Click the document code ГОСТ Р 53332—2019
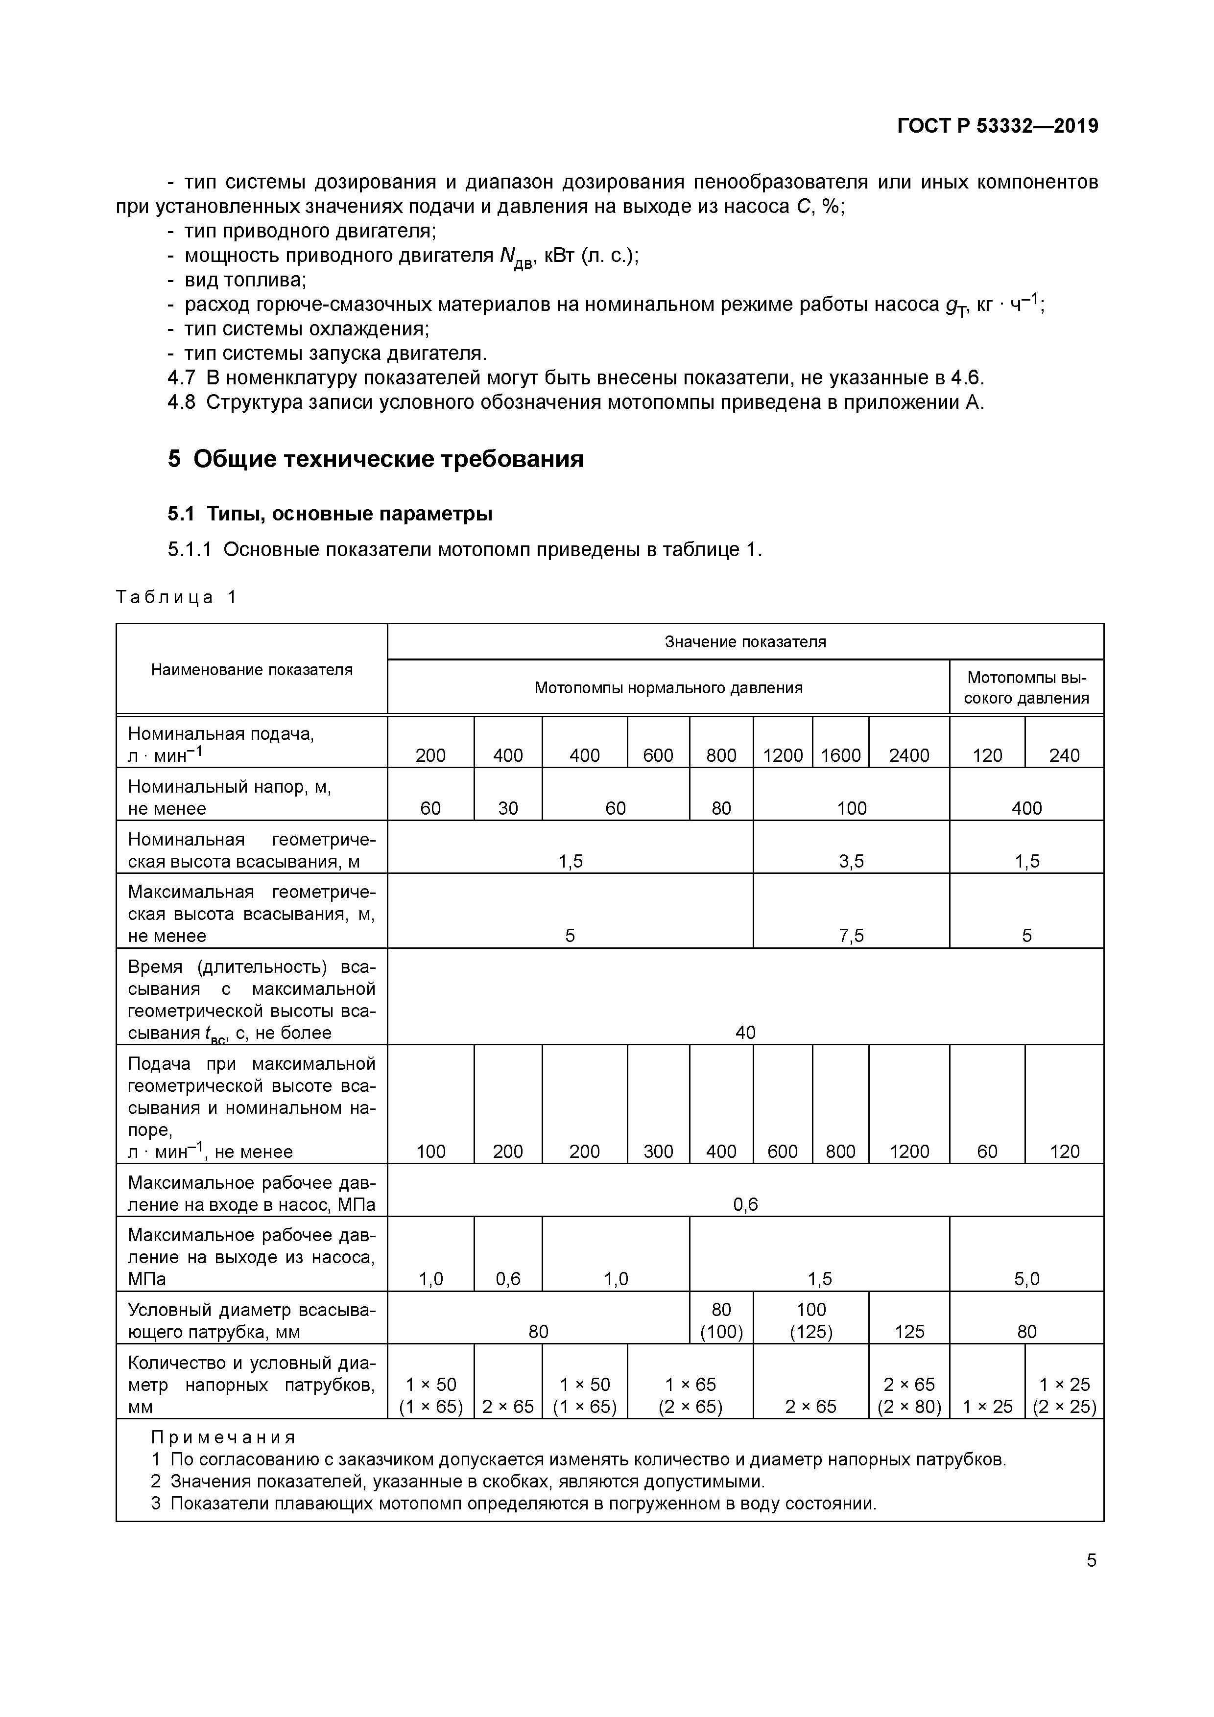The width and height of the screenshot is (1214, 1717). click(x=997, y=126)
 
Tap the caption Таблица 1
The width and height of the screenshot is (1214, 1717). click(x=176, y=597)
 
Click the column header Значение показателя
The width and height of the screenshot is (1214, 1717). click(x=745, y=642)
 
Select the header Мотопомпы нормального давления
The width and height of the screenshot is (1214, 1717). click(x=668, y=687)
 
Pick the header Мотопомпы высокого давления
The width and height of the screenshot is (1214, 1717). click(x=1027, y=687)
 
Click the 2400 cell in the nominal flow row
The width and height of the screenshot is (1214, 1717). click(x=909, y=755)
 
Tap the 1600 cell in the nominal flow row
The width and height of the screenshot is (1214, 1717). click(x=841, y=755)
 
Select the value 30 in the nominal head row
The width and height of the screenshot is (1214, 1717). click(x=508, y=808)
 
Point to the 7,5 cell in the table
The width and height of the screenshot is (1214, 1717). click(x=851, y=936)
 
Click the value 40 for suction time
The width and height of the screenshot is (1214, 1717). click(x=745, y=1032)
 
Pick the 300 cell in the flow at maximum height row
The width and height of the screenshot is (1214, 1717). click(x=658, y=1151)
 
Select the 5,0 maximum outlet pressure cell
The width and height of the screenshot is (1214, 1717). click(x=1027, y=1279)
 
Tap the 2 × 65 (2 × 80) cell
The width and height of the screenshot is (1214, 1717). click(x=909, y=1395)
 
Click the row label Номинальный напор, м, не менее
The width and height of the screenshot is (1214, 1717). click(x=230, y=797)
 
